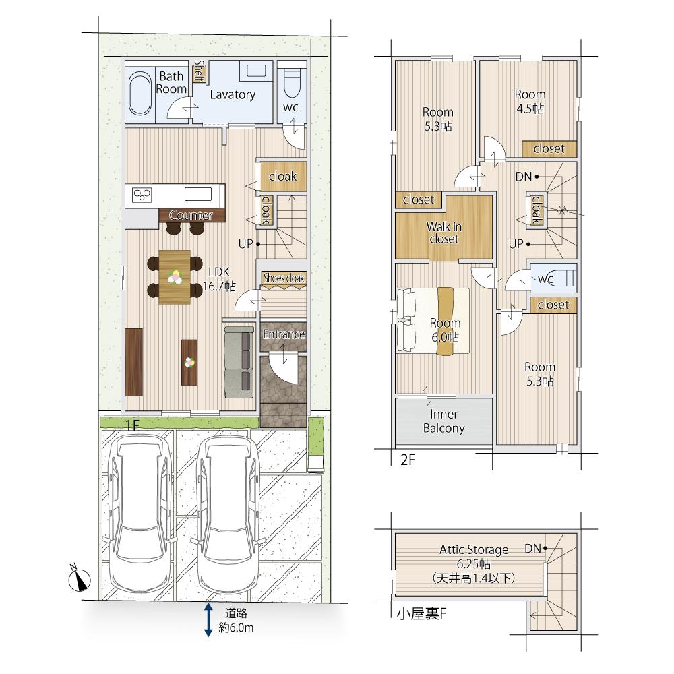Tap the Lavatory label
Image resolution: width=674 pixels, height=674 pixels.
click(233, 94)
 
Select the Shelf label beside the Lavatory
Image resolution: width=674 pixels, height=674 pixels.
click(199, 71)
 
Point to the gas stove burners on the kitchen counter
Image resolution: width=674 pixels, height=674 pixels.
click(142, 195)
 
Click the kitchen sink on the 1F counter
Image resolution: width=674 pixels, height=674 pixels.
click(198, 194)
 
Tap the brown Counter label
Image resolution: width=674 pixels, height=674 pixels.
click(191, 216)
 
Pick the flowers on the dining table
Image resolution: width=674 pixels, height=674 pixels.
click(175, 277)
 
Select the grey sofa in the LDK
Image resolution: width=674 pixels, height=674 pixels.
click(239, 362)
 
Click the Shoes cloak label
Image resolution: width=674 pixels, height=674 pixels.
click(284, 278)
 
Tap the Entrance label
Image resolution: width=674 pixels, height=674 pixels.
click(284, 334)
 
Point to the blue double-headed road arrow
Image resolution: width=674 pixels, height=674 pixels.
click(208, 619)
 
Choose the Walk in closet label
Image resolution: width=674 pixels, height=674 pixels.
click(444, 233)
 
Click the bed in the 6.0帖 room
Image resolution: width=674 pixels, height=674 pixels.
click(433, 321)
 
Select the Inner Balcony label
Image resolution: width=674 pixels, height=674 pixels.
click(444, 421)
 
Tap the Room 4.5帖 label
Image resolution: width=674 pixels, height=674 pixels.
click(530, 102)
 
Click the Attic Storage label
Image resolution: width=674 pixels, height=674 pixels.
click(474, 550)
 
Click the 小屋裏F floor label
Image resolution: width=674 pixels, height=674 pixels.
click(421, 614)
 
